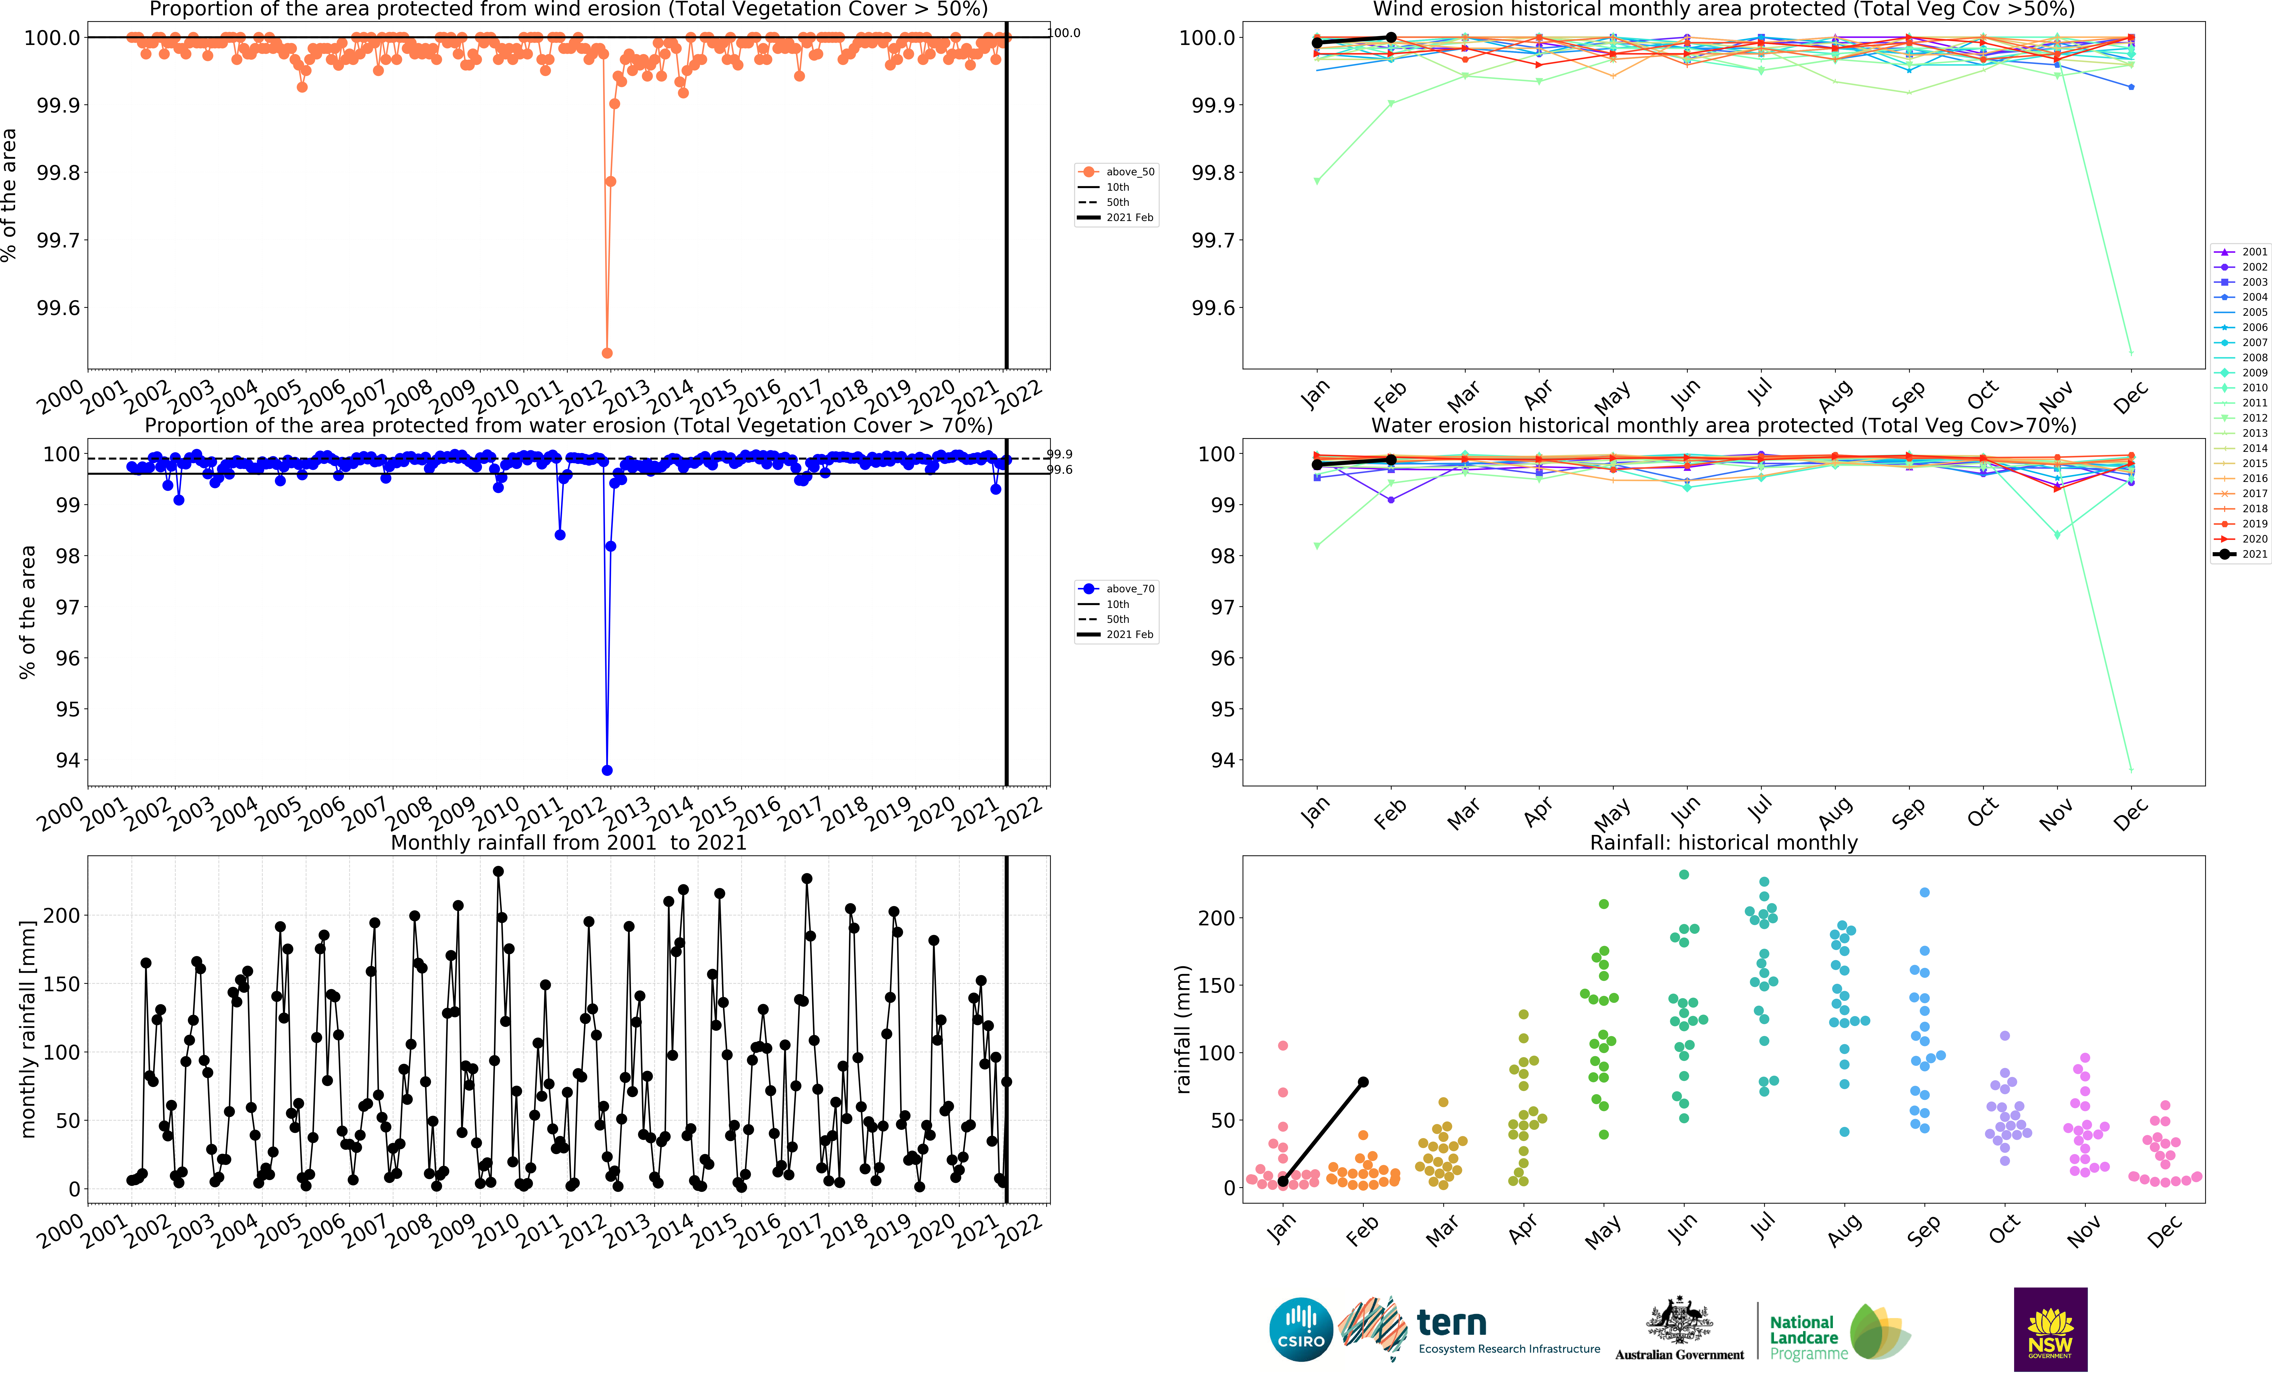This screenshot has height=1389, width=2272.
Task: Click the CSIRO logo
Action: coord(1300,1330)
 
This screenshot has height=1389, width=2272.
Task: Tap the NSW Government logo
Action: coord(2050,1329)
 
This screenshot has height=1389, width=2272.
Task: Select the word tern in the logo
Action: coord(1451,1324)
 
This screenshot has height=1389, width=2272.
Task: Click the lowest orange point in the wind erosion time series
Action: coord(607,353)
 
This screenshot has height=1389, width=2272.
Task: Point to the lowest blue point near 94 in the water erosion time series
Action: coord(607,770)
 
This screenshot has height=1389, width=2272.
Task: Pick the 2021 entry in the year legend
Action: coord(2241,554)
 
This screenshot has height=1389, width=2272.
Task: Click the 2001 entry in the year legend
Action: coord(2241,252)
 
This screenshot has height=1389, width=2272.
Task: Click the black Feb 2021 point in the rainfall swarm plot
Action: coord(1363,1082)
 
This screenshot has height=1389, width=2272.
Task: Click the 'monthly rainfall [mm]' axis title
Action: coord(28,1028)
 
